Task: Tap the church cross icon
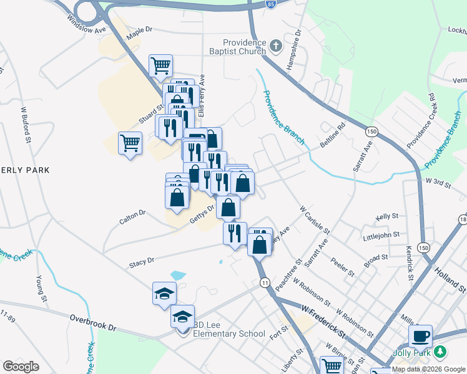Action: click(277, 46)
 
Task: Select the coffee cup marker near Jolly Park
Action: click(420, 336)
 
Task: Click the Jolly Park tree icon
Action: click(441, 352)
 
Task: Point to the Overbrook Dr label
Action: click(93, 323)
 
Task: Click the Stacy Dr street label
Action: click(141, 262)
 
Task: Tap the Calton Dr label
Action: click(132, 216)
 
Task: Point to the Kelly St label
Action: click(387, 216)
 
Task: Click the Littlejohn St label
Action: click(380, 237)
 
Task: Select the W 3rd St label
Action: click(438, 181)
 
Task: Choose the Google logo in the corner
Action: click(21, 367)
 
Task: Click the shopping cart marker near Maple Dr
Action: click(160, 64)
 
